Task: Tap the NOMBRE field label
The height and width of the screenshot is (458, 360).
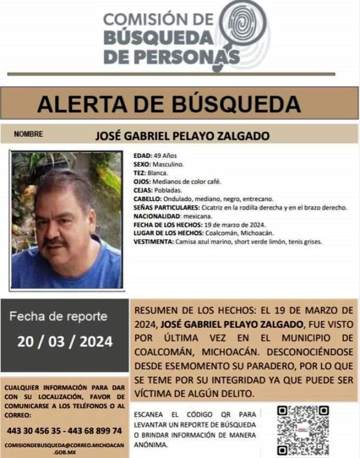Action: click(x=28, y=134)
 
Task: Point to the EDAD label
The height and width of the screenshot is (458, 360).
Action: click(x=143, y=155)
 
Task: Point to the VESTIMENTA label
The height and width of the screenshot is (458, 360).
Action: click(x=153, y=242)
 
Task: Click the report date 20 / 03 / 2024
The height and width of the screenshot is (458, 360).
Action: click(x=65, y=342)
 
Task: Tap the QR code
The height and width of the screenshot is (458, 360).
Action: click(x=303, y=430)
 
